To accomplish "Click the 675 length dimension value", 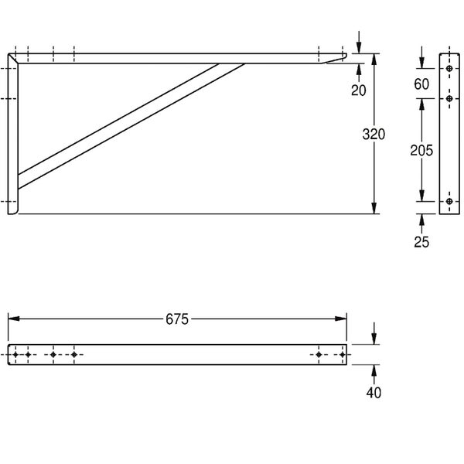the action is pyautogui.click(x=177, y=319).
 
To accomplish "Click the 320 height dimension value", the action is pyautogui.click(x=374, y=135).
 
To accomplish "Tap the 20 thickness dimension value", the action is pyautogui.click(x=359, y=90).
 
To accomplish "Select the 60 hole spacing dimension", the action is pyautogui.click(x=421, y=84).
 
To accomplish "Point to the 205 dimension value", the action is pyautogui.click(x=421, y=150).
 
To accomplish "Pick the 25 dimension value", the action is pyautogui.click(x=421, y=242).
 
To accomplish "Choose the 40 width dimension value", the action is pyautogui.click(x=374, y=393).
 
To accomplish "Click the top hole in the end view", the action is pyautogui.click(x=449, y=69).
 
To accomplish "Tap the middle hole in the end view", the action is pyautogui.click(x=449, y=98).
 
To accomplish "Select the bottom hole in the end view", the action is pyautogui.click(x=449, y=202).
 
